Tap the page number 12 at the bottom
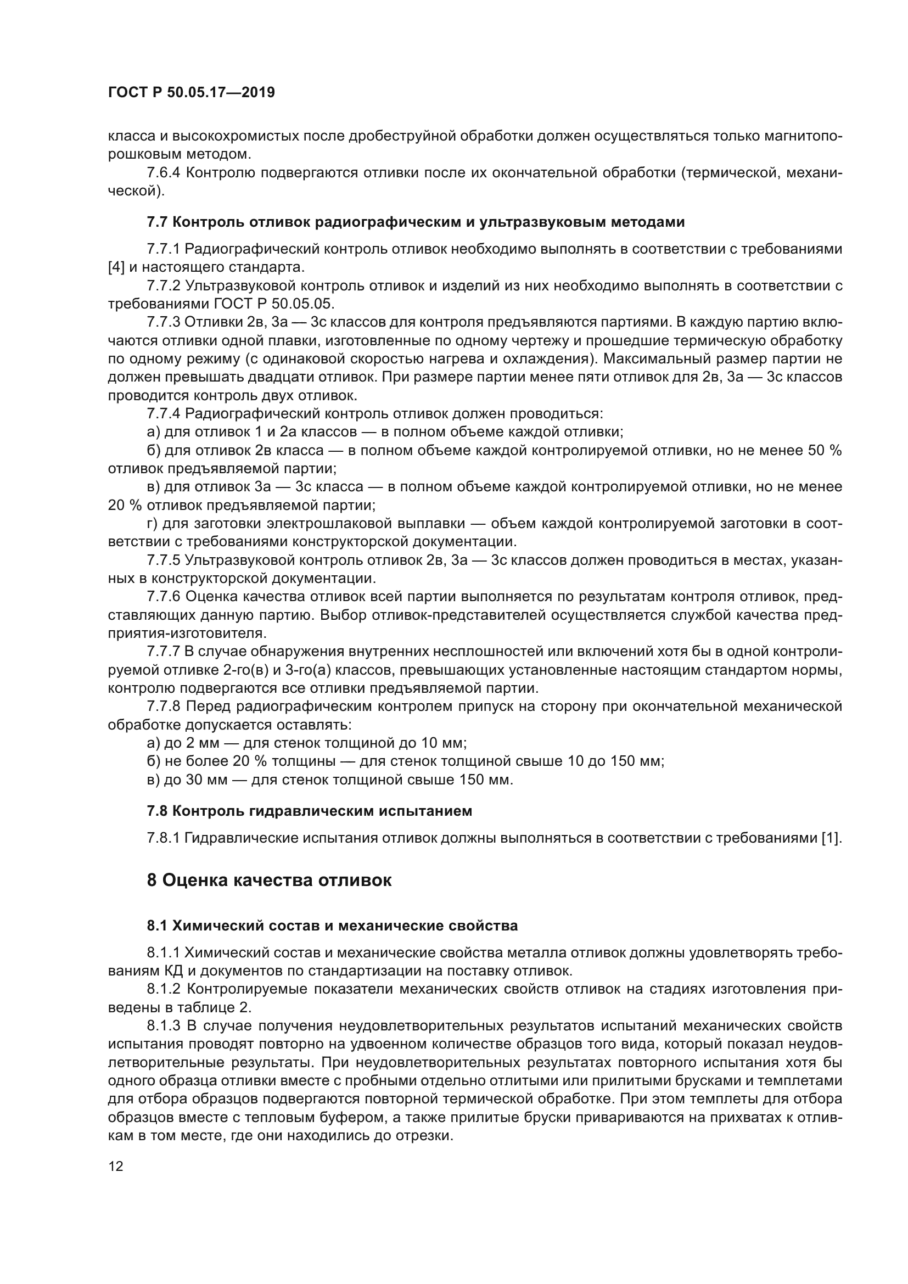coord(116,1167)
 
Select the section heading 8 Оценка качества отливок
coord(269,880)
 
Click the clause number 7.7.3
coord(163,322)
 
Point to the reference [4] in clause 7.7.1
coord(116,267)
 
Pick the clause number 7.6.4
coord(163,173)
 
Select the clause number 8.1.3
coord(163,1025)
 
